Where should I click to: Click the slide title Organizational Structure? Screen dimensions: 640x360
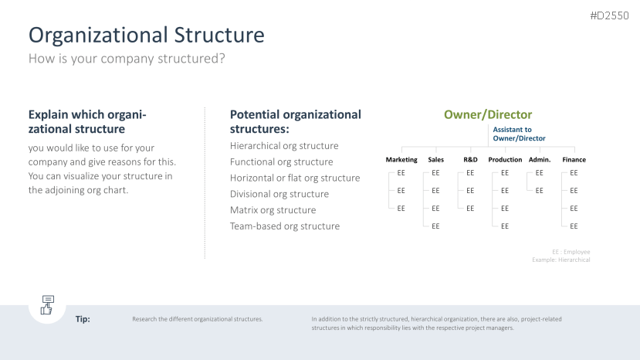click(x=146, y=35)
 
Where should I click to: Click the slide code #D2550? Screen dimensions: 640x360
click(x=609, y=15)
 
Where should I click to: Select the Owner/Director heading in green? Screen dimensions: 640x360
click(x=488, y=114)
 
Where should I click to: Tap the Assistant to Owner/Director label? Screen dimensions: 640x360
click(x=519, y=134)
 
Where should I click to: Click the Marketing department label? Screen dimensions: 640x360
click(x=401, y=159)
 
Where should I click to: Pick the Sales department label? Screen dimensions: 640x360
click(x=436, y=159)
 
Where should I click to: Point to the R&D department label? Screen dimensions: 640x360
click(x=470, y=159)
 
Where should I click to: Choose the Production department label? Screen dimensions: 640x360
click(x=505, y=159)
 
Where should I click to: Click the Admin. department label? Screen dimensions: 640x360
click(x=540, y=159)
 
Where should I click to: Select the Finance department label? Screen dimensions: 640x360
click(x=574, y=159)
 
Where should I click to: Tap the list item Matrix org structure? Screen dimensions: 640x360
click(x=273, y=210)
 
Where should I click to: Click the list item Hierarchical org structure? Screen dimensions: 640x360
click(x=284, y=146)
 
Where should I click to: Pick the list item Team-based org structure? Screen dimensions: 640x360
click(x=285, y=226)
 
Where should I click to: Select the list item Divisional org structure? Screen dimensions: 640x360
click(x=279, y=194)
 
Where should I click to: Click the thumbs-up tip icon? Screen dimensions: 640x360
click(x=47, y=305)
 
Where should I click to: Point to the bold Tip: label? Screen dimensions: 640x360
click(x=83, y=319)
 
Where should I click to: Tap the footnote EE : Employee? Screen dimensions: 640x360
click(x=571, y=252)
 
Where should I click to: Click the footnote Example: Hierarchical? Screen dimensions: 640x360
click(x=560, y=260)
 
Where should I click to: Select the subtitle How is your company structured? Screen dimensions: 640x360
click(x=127, y=59)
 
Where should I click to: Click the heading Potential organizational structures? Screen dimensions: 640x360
click(x=296, y=121)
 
